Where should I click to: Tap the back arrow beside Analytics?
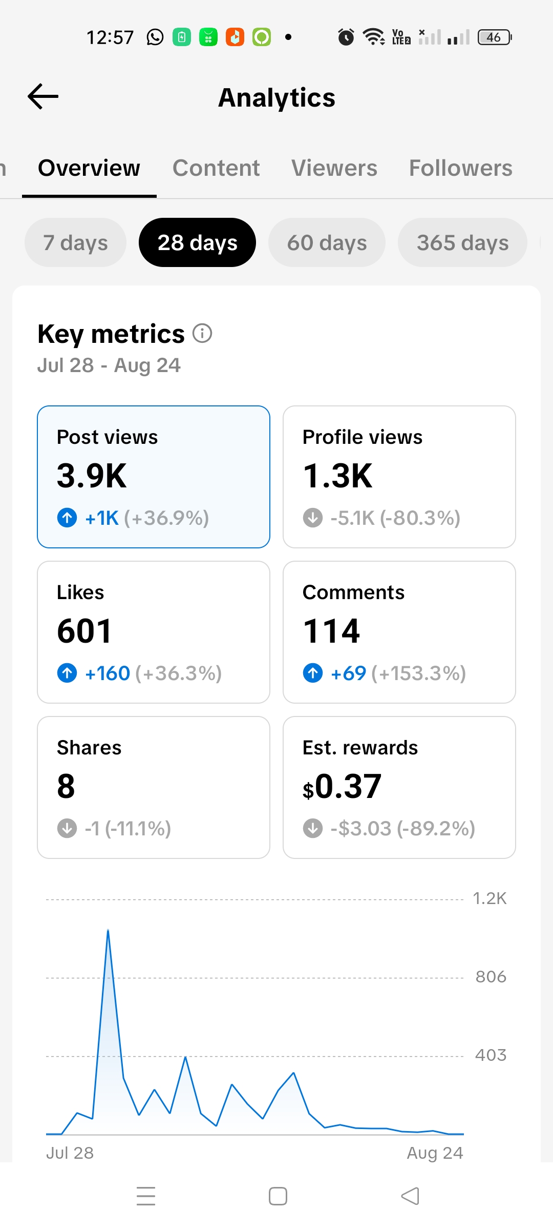pos(43,96)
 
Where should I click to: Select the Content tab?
pos(216,168)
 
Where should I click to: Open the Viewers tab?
pos(334,168)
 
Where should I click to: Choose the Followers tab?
pos(461,168)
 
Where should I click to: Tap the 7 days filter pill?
pos(75,242)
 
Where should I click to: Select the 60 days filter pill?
pos(327,242)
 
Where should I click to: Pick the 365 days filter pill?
pos(462,242)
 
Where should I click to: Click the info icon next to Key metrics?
pos(202,333)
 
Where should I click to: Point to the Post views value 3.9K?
pos(92,476)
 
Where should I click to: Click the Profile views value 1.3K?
pos(338,476)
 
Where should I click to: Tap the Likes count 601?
pos(84,631)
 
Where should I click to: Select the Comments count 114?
pos(332,631)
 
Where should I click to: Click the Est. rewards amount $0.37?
pos(342,786)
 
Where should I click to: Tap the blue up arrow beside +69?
pos(313,673)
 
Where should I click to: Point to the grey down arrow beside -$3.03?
pos(313,828)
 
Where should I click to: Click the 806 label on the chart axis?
pos(491,977)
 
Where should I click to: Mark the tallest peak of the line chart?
pos(108,930)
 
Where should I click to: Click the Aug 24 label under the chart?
pos(435,1153)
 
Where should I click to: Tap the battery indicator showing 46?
pos(495,37)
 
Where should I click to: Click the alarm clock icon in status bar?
pos(346,37)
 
